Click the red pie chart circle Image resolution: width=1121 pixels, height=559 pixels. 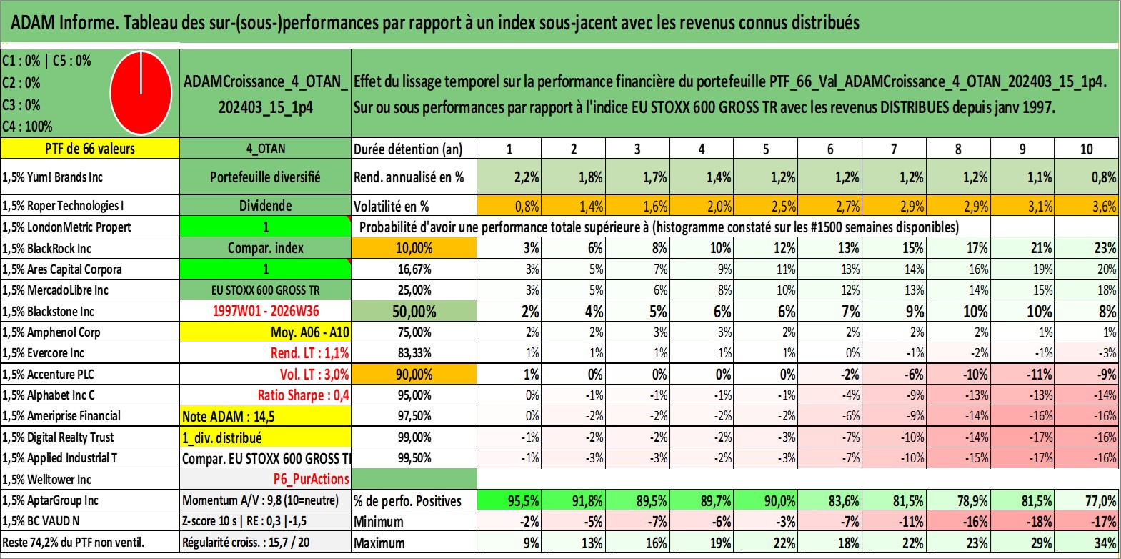[141, 93]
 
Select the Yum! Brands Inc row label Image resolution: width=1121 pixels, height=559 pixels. [53, 177]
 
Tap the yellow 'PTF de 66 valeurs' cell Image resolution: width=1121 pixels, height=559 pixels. [90, 148]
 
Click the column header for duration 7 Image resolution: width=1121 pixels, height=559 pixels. [894, 149]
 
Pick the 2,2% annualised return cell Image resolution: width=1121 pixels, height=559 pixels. [509, 177]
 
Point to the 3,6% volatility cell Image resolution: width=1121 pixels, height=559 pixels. [1087, 206]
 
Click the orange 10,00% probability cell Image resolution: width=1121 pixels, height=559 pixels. [414, 248]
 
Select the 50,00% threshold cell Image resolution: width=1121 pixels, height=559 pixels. [414, 312]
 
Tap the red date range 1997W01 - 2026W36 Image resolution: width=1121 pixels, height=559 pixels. [266, 311]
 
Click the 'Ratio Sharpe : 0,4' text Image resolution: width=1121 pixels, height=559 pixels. [303, 395]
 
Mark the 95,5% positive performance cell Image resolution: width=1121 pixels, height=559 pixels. [509, 500]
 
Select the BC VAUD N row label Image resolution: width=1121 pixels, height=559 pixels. [41, 521]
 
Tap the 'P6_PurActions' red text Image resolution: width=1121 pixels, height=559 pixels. [312, 480]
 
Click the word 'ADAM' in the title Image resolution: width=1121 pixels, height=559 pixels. [33, 23]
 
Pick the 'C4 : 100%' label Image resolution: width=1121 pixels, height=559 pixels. [28, 127]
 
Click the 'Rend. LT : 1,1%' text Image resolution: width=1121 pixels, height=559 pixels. [310, 353]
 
